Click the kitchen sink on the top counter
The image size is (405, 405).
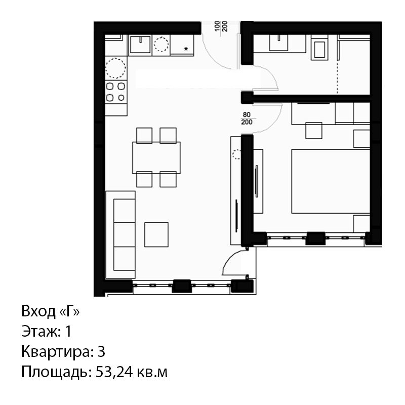click(140, 45)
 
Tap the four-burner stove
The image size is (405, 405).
click(116, 92)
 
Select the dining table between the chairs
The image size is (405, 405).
click(156, 157)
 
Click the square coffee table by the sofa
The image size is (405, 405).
click(156, 234)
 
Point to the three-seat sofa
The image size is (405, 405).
click(120, 235)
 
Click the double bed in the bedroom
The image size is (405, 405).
click(331, 181)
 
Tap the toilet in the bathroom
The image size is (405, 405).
click(319, 49)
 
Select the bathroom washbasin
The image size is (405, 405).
click(278, 43)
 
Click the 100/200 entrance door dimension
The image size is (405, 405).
click(221, 26)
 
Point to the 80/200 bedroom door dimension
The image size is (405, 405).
click(247, 118)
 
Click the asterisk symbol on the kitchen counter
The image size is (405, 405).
click(186, 49)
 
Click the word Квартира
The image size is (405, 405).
click(56, 352)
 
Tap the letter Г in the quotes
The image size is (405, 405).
click(69, 311)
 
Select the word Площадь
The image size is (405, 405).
click(55, 373)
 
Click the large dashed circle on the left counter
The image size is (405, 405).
click(116, 68)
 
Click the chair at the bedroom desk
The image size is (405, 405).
click(313, 131)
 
